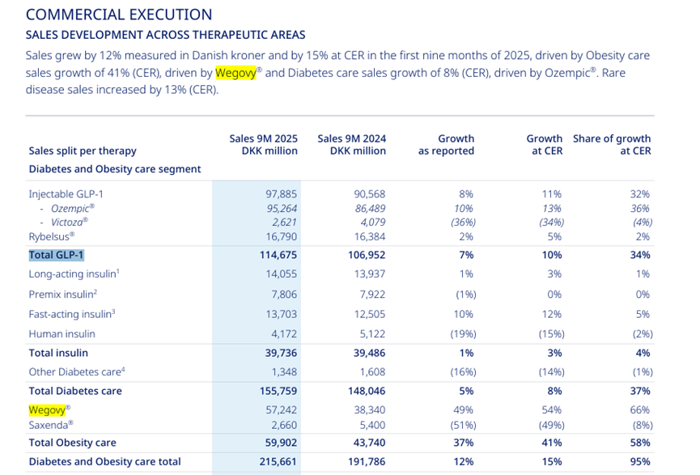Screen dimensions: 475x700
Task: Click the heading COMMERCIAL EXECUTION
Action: tap(119, 15)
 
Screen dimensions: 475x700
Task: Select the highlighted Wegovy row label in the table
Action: tap(46, 409)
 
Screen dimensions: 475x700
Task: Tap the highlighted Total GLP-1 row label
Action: tap(57, 255)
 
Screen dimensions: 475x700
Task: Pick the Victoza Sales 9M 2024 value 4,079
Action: tap(370, 221)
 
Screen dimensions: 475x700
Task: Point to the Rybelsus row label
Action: tap(51, 235)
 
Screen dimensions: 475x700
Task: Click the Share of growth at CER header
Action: tap(611, 145)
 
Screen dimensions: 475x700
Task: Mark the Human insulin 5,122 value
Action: tap(370, 333)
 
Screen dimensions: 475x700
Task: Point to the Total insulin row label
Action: tap(58, 353)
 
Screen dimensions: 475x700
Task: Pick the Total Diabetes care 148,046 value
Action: tap(366, 391)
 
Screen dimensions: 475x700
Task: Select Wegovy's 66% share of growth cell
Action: tap(639, 410)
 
